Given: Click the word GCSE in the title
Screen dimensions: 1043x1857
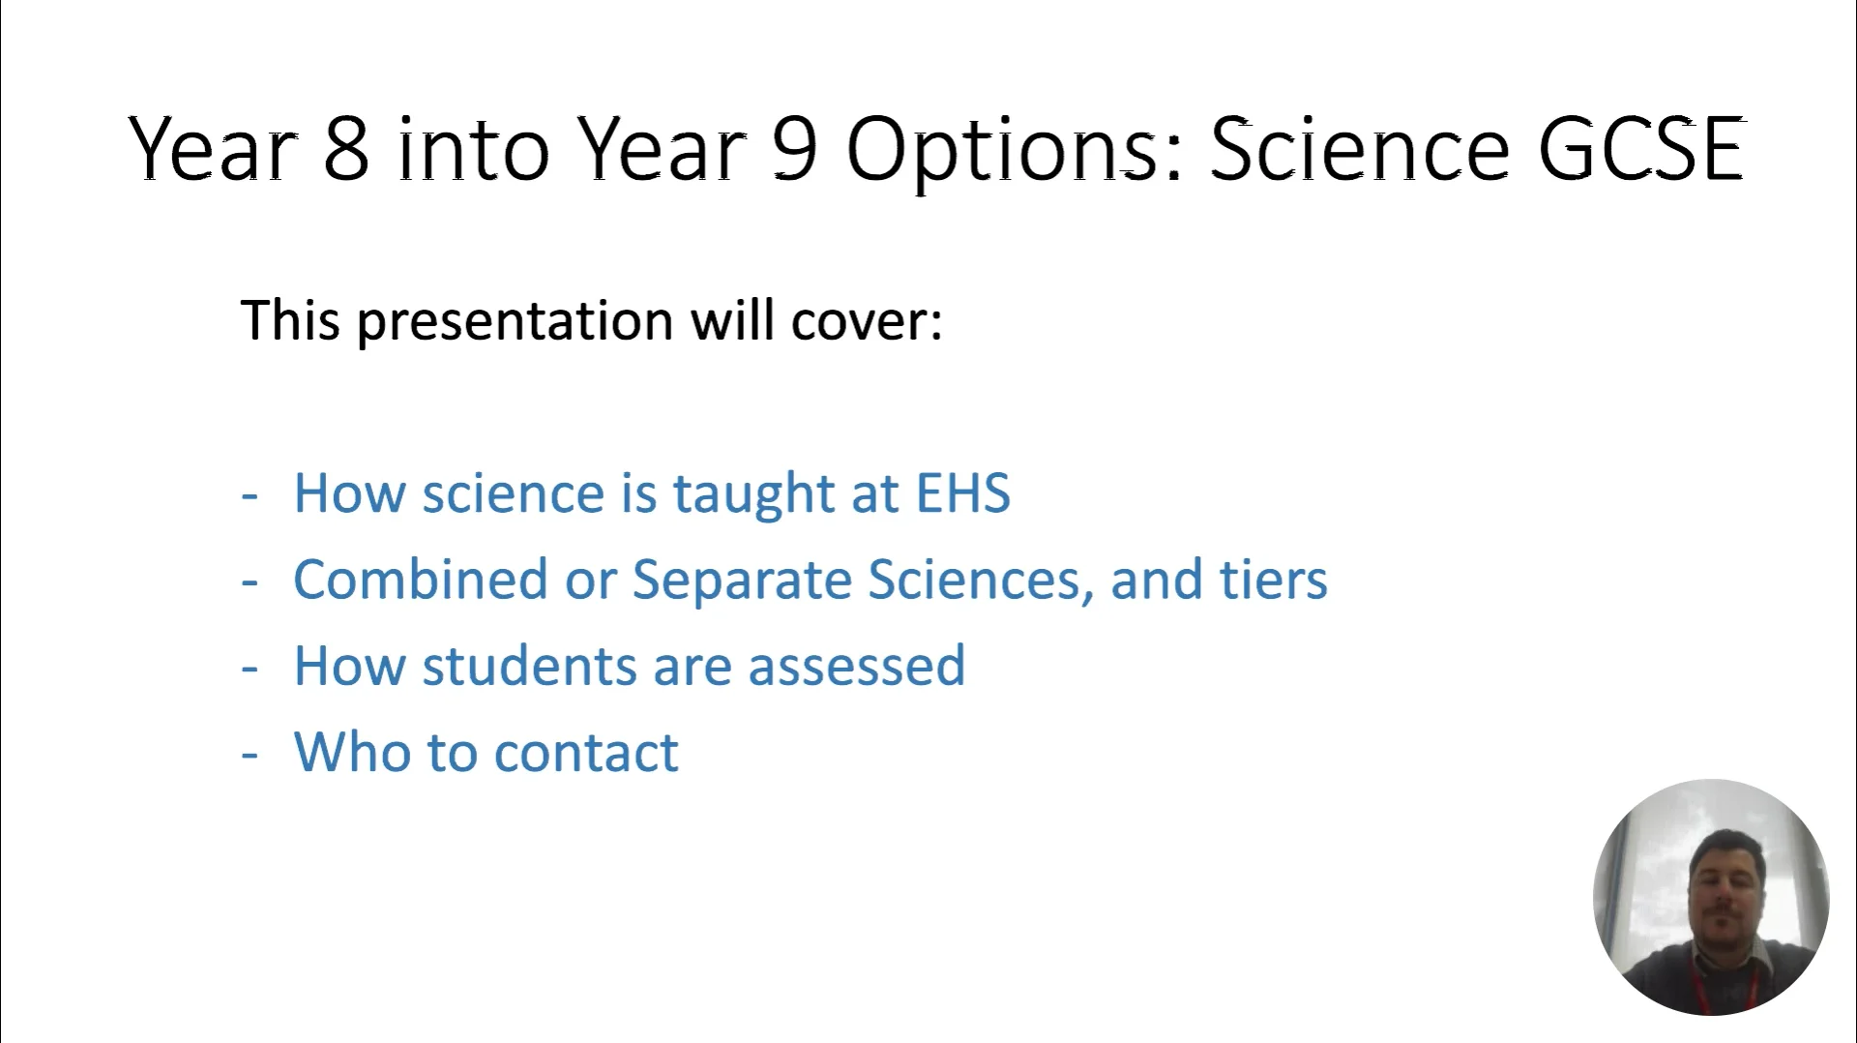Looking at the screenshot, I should (x=1641, y=150).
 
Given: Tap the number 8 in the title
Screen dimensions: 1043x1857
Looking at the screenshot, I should (x=345, y=150).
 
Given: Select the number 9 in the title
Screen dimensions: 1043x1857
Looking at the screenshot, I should (x=795, y=150).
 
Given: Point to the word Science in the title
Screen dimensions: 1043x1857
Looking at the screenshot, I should (x=1359, y=150).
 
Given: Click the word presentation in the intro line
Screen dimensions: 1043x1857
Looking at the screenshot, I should (x=515, y=321).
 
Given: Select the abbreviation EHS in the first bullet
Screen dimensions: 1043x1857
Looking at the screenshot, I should (x=962, y=492).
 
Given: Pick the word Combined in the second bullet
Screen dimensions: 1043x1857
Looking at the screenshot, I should (x=420, y=580).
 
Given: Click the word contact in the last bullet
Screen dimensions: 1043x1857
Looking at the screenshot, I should (x=586, y=752).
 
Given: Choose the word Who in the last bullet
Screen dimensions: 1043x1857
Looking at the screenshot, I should (x=350, y=752).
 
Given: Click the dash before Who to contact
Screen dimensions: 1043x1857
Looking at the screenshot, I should (x=250, y=754).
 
